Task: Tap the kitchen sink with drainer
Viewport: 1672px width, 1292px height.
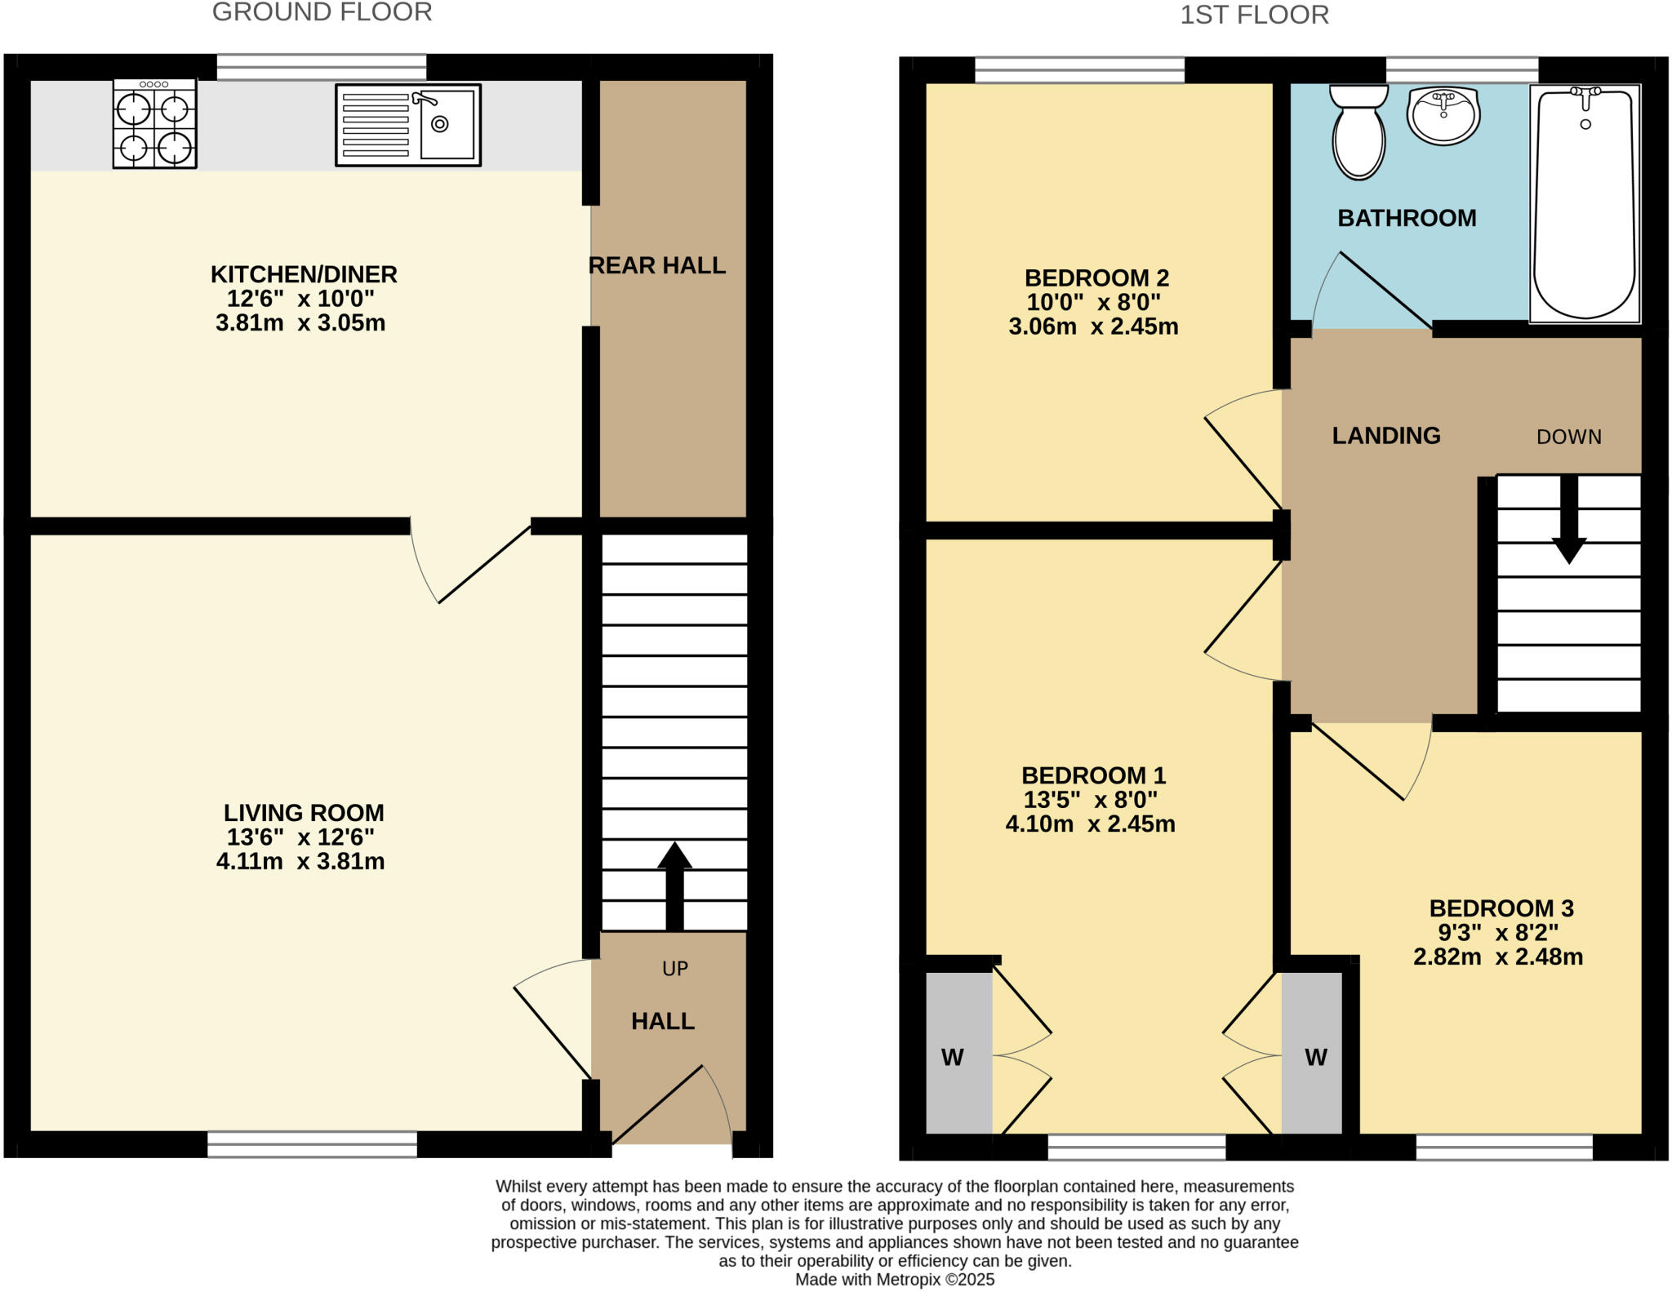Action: (407, 125)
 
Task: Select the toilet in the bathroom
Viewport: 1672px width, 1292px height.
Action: (1358, 133)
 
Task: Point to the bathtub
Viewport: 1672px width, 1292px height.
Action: (1585, 204)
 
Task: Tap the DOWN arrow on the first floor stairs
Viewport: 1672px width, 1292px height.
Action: (1568, 519)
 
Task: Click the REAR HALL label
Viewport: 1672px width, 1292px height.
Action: (656, 265)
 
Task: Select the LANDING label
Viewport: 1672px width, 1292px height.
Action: (1385, 436)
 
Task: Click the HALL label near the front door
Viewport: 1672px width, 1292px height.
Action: (662, 1021)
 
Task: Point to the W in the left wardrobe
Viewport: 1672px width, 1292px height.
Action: (952, 1058)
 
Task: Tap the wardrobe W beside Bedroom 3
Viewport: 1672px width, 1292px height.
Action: (1315, 1058)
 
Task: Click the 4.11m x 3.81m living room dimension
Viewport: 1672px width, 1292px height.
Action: (300, 861)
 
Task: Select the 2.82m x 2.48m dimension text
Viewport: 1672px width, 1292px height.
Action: (1498, 957)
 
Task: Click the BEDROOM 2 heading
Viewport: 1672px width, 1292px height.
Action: (1096, 278)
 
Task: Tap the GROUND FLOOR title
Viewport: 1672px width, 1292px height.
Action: (322, 12)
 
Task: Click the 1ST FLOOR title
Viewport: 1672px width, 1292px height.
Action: (1254, 15)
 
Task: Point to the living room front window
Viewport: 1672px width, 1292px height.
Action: (312, 1143)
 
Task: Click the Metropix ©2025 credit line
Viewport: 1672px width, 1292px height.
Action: (895, 1280)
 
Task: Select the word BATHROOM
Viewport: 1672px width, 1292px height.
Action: (1407, 218)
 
